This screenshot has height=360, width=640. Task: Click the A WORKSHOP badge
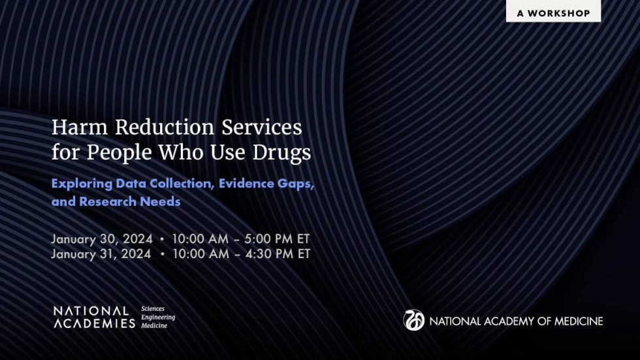point(553,12)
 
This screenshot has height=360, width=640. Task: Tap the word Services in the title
point(261,126)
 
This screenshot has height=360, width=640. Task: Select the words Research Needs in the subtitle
point(129,202)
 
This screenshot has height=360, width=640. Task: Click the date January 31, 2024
point(102,254)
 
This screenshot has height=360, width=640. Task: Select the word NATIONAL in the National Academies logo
point(91,311)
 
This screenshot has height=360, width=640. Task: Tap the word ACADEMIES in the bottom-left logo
point(94,323)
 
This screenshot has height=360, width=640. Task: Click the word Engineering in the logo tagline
point(158,317)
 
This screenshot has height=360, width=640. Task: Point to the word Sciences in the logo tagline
point(153,308)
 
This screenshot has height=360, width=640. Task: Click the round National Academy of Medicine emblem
point(413,320)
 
